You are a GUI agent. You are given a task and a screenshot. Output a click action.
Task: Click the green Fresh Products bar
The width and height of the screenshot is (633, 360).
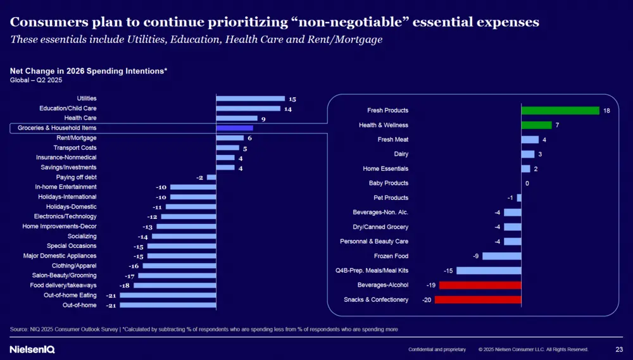point(560,111)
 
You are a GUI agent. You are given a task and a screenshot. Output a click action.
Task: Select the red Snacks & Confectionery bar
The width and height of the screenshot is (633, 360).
point(478,299)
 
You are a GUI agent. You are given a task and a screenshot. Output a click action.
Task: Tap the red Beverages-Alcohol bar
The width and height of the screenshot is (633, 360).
point(480,285)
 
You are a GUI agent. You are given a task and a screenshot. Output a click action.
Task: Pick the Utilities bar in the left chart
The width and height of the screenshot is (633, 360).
point(250,99)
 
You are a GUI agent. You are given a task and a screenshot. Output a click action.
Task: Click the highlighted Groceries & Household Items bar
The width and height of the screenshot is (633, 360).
point(234,128)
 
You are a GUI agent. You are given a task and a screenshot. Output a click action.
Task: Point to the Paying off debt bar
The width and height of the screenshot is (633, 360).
point(211,177)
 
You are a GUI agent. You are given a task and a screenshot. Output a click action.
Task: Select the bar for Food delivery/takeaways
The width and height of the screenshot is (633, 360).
point(175,285)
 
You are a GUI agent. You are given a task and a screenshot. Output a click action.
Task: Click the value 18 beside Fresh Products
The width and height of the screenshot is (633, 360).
point(606,111)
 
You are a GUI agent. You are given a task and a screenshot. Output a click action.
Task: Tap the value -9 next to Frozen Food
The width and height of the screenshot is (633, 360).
point(475,256)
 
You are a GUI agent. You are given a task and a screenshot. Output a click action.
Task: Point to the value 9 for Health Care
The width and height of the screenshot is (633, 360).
point(263,118)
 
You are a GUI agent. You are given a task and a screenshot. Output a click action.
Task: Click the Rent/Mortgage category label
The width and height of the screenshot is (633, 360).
point(77,138)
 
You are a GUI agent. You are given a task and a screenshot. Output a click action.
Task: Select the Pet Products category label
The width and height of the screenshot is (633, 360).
point(391,198)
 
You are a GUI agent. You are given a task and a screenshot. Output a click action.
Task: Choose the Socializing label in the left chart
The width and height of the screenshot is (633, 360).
point(82,236)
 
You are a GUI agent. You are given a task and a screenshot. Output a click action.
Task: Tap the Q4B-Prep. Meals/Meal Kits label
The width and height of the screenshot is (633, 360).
point(372,271)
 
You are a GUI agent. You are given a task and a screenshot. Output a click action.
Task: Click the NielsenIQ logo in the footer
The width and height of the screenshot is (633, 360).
point(32,349)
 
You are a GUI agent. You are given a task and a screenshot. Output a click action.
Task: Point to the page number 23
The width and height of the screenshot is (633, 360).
point(619,349)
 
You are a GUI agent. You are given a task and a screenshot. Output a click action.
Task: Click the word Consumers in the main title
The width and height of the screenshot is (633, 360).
point(46,22)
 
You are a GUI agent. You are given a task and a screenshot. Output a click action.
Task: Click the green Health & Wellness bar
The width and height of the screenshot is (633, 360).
point(536,125)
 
